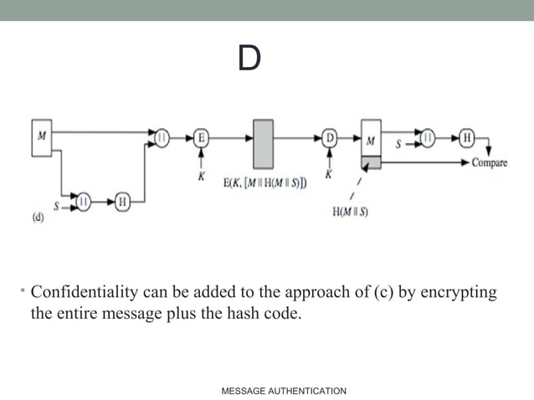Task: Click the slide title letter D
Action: (x=249, y=59)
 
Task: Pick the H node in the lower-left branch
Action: (x=122, y=201)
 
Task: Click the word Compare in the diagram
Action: (x=490, y=162)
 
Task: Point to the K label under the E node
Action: (x=202, y=176)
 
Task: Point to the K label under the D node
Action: (x=328, y=175)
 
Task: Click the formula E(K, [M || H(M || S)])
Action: (x=264, y=182)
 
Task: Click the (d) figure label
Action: (x=39, y=219)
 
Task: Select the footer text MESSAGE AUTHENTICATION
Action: (x=284, y=391)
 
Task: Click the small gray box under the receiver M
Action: (x=371, y=162)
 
